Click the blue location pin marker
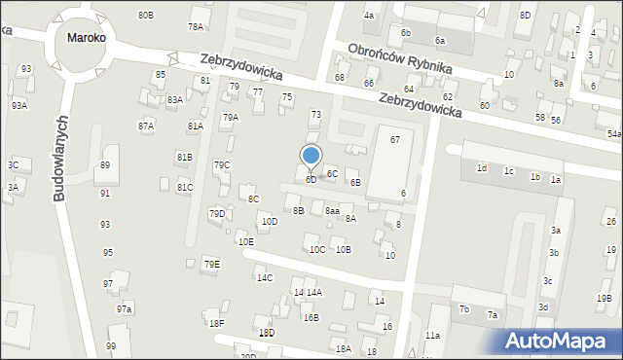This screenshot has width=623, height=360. (x=311, y=156)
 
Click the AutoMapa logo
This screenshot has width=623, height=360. (x=561, y=341)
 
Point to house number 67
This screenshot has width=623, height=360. (x=395, y=140)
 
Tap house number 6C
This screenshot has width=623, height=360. (x=332, y=173)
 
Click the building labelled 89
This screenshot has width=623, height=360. (x=104, y=165)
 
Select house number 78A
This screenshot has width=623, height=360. (x=196, y=26)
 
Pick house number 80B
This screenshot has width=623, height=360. (x=145, y=16)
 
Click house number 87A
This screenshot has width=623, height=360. (x=146, y=126)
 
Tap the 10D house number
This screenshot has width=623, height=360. (x=270, y=221)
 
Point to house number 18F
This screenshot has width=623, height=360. (x=216, y=323)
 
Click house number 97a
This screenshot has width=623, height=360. (x=125, y=308)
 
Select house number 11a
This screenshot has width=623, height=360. (x=432, y=336)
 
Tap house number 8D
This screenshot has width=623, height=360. (x=525, y=15)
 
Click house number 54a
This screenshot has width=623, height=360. (x=614, y=133)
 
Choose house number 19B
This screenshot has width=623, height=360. (x=605, y=299)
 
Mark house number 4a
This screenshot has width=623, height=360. (x=369, y=16)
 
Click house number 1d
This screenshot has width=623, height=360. (x=481, y=168)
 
